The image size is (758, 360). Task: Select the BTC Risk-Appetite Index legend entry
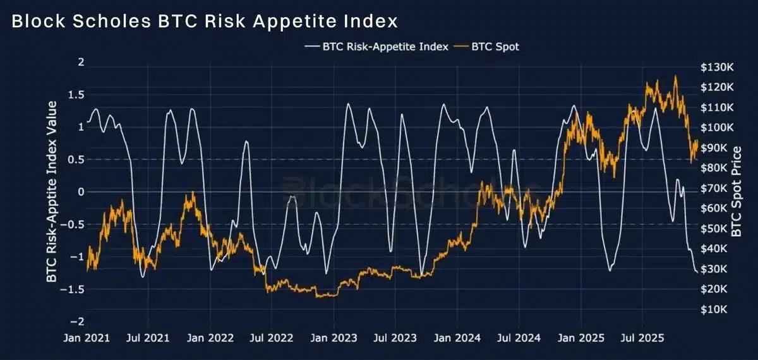pyautogui.click(x=376, y=46)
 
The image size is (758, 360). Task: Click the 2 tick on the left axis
pyautogui.click(x=80, y=62)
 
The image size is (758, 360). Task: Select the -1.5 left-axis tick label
pyautogui.click(x=74, y=289)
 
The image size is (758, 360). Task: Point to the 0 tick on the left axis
pyautogui.click(x=80, y=191)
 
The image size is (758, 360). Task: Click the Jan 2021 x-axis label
pyautogui.click(x=87, y=338)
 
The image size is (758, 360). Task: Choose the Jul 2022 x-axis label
pyautogui.click(x=272, y=338)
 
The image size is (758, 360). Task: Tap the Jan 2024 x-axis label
pyautogui.click(x=459, y=338)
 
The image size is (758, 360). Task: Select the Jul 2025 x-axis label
pyautogui.click(x=644, y=338)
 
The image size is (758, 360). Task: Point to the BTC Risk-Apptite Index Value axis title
pyautogui.click(x=51, y=191)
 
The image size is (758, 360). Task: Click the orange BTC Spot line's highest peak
pyautogui.click(x=675, y=76)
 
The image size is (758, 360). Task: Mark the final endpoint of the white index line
pyautogui.click(x=697, y=272)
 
